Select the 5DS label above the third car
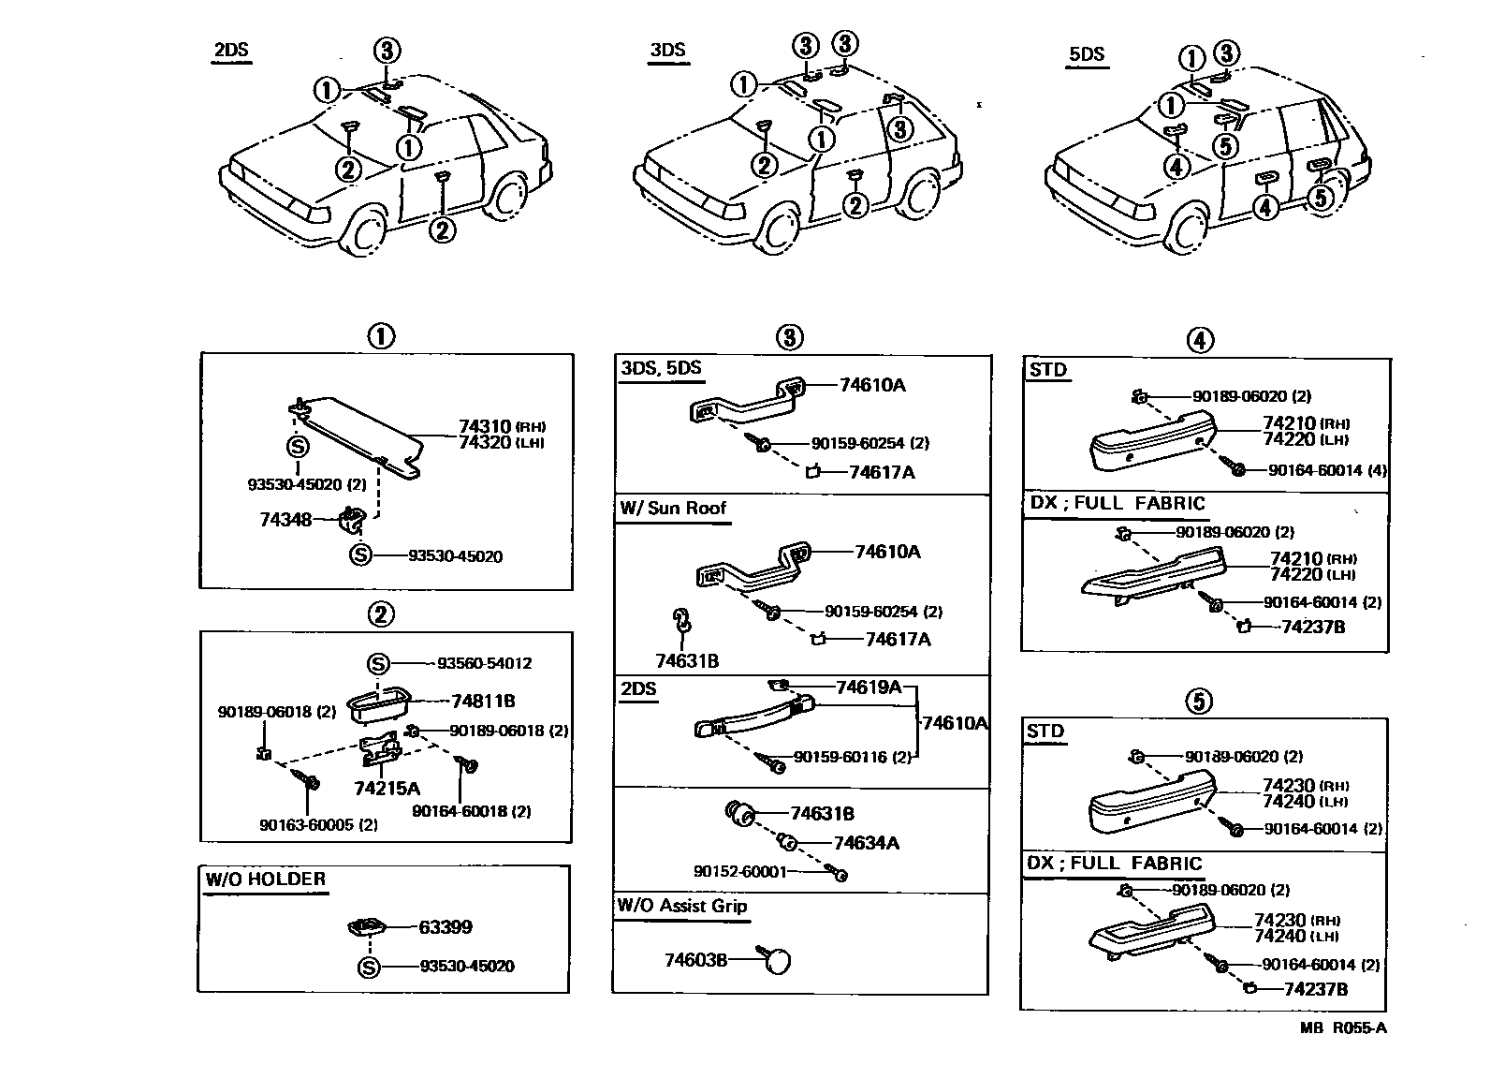(x=1086, y=53)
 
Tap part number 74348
(x=285, y=518)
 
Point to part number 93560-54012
(x=484, y=663)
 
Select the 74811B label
(x=483, y=701)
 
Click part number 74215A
(x=387, y=788)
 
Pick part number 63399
(x=445, y=927)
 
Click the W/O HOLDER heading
(x=266, y=879)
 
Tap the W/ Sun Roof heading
(x=672, y=508)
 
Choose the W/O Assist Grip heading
(x=681, y=906)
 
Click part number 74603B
(x=695, y=960)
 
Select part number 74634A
(x=866, y=843)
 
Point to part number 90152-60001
(x=740, y=871)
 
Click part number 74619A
(x=868, y=687)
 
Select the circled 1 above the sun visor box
(x=379, y=335)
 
